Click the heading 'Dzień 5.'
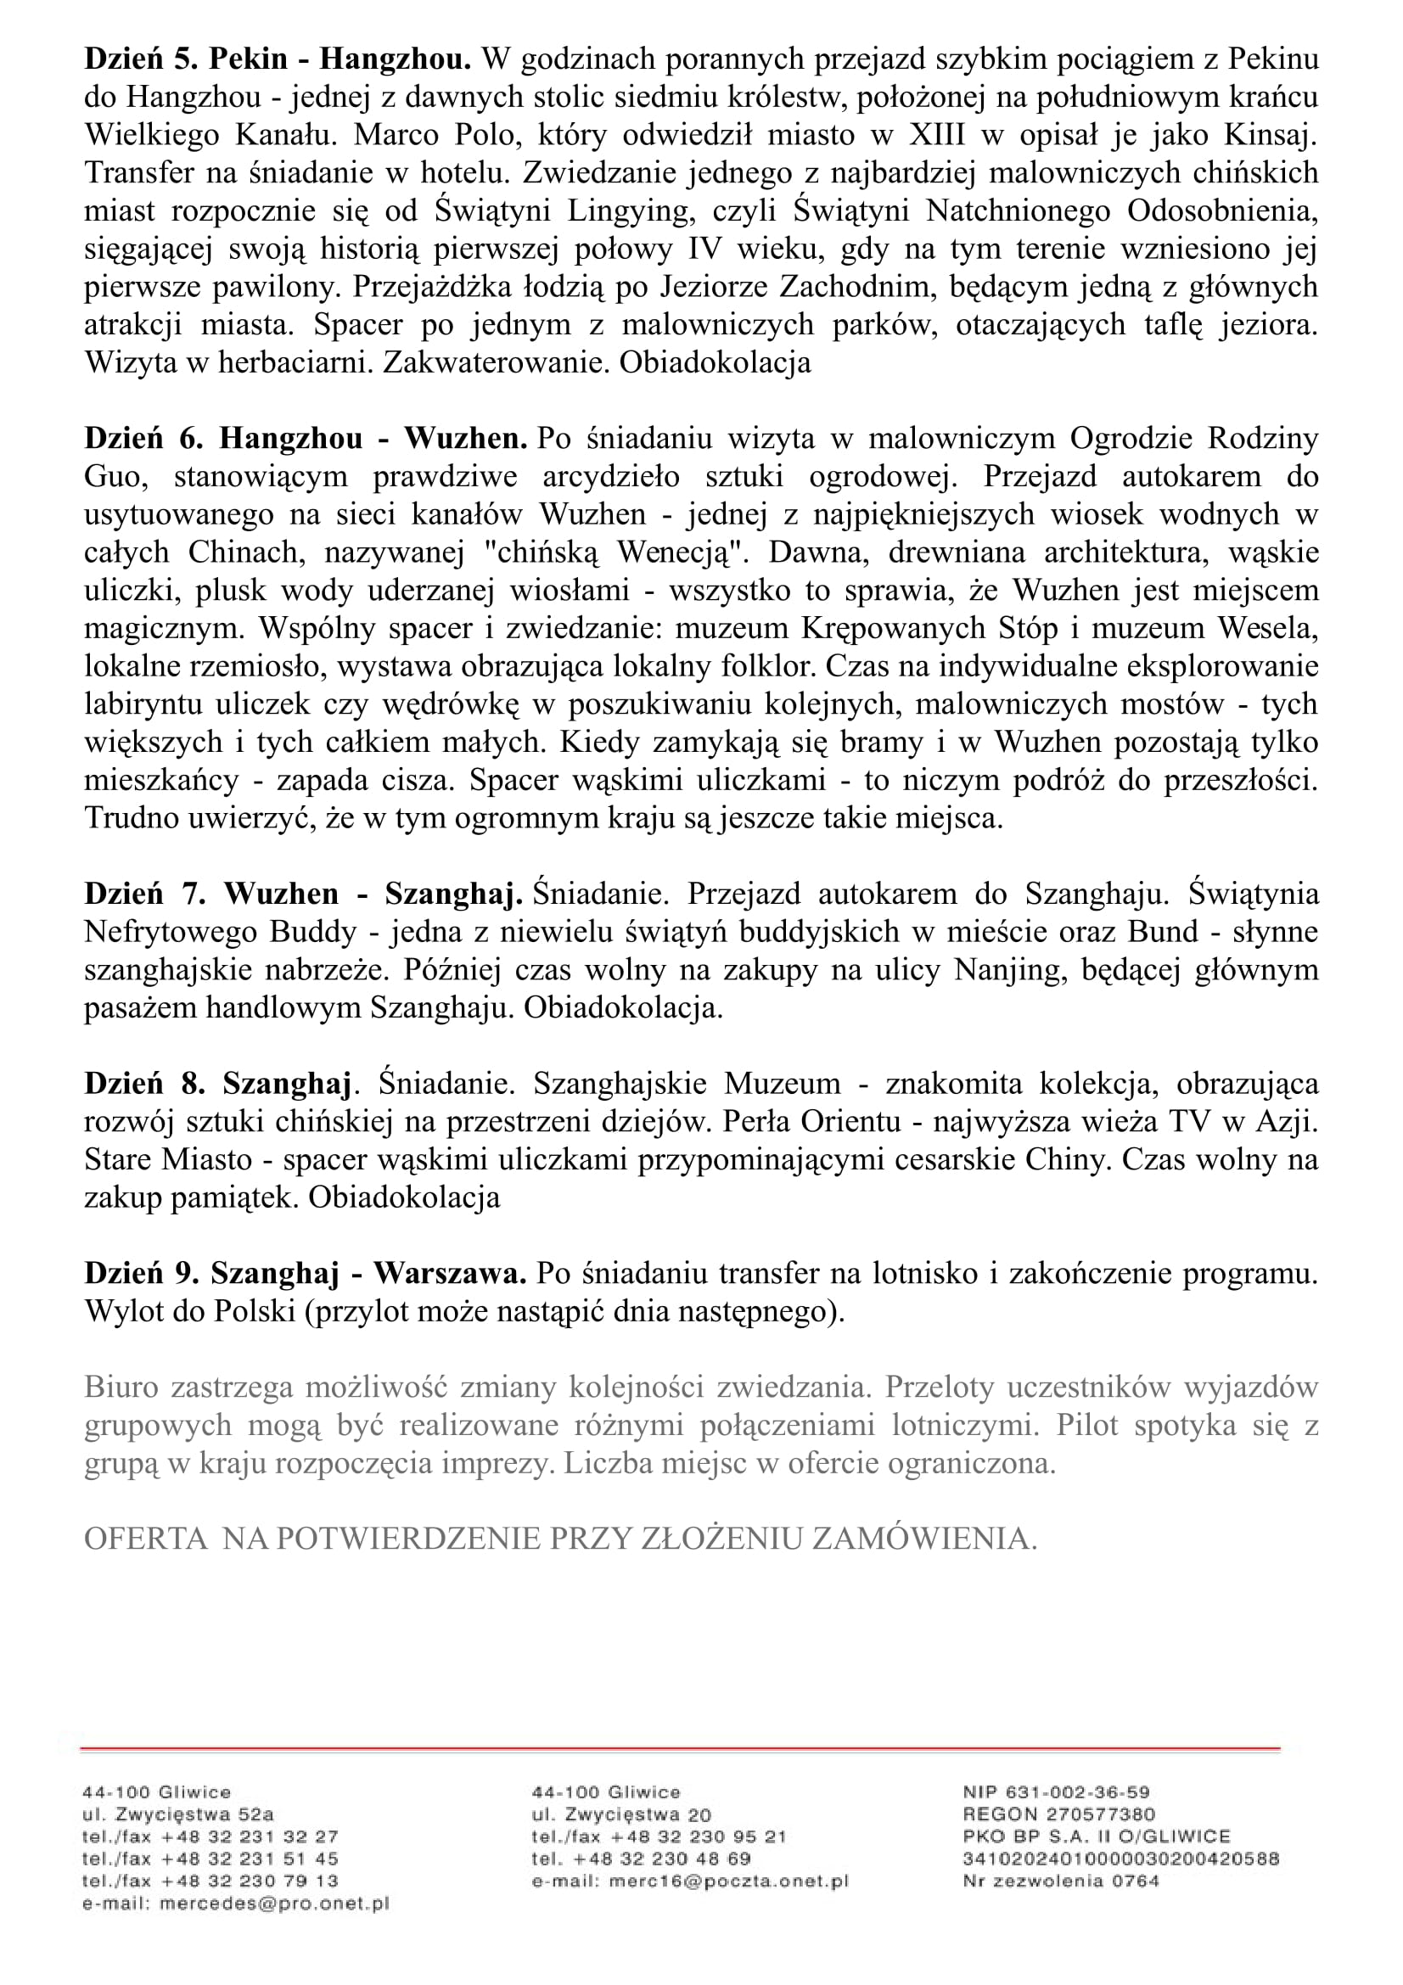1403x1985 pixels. (142, 59)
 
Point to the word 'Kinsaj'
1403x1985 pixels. (1270, 135)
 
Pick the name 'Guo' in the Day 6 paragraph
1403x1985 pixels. (113, 476)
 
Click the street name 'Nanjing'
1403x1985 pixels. (997, 970)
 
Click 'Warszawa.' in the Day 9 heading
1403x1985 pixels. (450, 1274)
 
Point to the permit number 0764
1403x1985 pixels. (1133, 1881)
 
